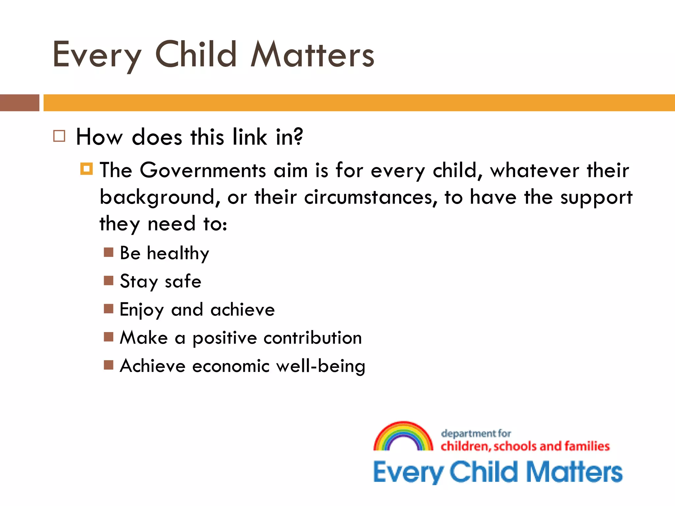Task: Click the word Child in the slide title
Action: point(196,55)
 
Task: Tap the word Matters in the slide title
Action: point(312,55)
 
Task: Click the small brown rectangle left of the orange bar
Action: point(19,103)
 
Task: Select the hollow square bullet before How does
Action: point(59,136)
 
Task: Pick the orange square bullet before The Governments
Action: point(86,169)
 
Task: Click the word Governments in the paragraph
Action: point(203,171)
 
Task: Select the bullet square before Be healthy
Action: point(108,252)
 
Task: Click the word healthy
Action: point(178,254)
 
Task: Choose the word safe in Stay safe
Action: point(183,282)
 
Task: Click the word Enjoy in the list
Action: point(141,310)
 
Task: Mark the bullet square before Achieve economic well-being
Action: point(108,365)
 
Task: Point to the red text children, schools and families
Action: point(525,446)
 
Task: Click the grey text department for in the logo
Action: point(476,434)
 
